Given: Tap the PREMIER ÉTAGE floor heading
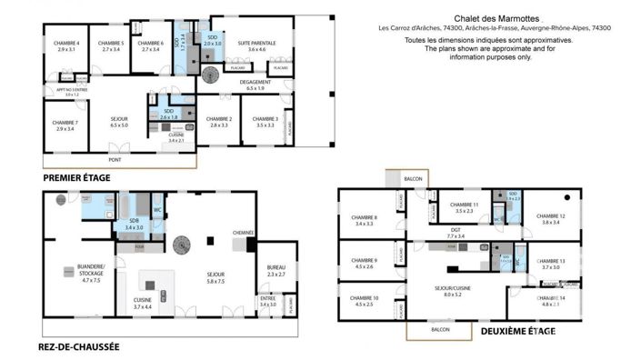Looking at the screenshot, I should pos(77,178).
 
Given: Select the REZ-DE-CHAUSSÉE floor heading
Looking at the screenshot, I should pos(79,347).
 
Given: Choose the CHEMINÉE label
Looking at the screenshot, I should pos(243,233).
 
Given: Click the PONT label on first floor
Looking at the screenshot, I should pos(114,160).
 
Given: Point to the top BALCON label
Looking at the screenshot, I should pos(415,179).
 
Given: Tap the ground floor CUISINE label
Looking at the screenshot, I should pos(143,302).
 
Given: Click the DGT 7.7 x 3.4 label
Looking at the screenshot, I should pos(455,233).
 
